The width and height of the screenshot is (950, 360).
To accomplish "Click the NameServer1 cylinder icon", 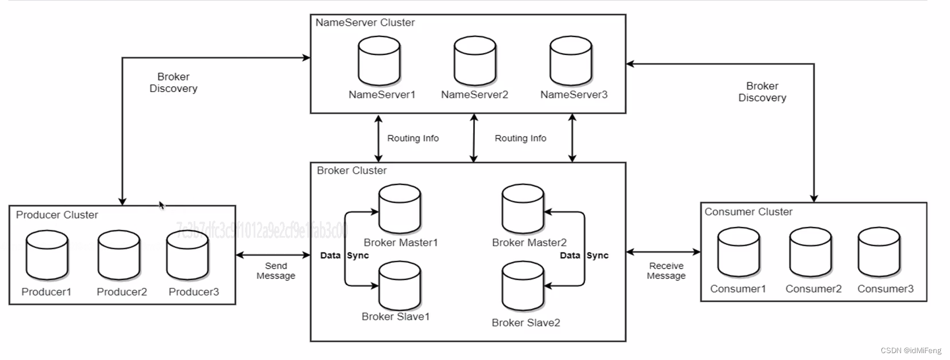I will coord(379,61).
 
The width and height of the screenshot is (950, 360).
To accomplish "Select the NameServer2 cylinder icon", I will coord(475,61).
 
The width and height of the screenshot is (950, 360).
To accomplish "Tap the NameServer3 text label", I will coord(574,95).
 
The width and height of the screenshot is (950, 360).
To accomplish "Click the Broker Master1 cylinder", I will coord(400,209).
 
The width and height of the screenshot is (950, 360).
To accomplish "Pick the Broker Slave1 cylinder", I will coord(400,286).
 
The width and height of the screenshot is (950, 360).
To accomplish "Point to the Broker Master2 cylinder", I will coord(523,209).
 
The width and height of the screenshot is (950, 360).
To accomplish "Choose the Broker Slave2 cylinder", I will coord(523,287).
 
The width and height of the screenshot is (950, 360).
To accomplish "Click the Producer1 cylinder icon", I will coord(47,255).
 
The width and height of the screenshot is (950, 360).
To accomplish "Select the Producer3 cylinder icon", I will coord(187,255).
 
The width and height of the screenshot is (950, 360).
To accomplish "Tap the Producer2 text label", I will coord(122,292).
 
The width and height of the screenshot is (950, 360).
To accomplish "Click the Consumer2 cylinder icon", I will coord(811,253).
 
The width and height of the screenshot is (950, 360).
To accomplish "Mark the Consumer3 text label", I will coord(885,289).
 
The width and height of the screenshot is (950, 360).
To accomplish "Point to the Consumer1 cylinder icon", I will coord(739,253).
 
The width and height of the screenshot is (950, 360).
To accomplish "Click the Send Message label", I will coord(276,271).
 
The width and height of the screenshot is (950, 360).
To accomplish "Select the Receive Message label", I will coord(666,271).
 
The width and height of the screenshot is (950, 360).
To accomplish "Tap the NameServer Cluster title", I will coord(365,23).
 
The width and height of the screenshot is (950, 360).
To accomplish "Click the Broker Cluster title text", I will coord(352,171).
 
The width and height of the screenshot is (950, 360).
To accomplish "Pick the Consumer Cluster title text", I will coord(748,212).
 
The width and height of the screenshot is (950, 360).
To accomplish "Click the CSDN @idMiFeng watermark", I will coord(911,350).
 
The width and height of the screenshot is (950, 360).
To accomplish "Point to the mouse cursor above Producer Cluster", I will coord(162,205).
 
